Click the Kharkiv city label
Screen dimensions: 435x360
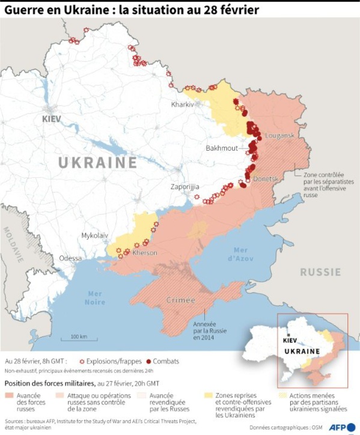tap(183, 104)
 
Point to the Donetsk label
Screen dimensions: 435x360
tap(266, 178)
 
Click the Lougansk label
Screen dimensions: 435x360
tap(279, 136)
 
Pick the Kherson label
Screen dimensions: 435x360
tap(145, 252)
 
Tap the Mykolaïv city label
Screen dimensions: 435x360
tap(95, 236)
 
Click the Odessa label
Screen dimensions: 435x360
tap(70, 258)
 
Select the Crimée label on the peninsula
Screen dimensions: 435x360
tap(180, 300)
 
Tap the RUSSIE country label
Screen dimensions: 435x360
tap(320, 272)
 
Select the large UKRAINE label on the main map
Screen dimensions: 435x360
tap(97, 162)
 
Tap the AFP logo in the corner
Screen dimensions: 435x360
tap(340, 427)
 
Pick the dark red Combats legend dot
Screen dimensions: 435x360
tap(148, 362)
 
